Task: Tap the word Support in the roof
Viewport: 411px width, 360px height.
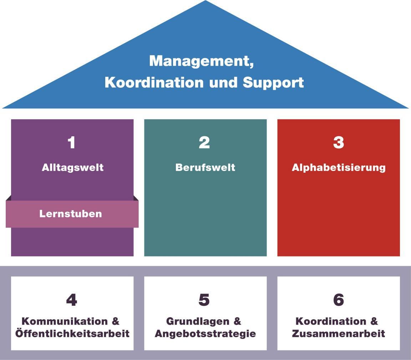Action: pos(273,82)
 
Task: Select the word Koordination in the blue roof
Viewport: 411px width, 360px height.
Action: pos(154,82)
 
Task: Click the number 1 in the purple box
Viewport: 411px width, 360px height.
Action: pos(72,143)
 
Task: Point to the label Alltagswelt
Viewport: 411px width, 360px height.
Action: pos(72,167)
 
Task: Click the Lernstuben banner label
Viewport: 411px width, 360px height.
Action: pos(71,214)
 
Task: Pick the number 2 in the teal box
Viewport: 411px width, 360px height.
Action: pos(204,143)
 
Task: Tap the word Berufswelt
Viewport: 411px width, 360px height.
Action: pos(205,167)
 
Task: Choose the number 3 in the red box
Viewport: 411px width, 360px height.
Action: pos(338,143)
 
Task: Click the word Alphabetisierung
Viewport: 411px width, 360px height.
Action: pos(339,167)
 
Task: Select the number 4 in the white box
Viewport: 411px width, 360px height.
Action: pos(72,300)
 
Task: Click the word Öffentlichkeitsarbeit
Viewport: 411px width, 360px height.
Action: pos(72,334)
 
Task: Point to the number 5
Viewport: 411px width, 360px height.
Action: pos(204,300)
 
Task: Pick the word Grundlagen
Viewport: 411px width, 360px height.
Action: pos(198,321)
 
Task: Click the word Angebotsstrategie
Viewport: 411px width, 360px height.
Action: pos(205,334)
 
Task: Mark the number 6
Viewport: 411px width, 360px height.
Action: pos(338,300)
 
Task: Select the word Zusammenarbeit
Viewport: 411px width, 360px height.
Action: pos(338,334)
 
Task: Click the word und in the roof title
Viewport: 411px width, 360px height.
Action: pos(224,82)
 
